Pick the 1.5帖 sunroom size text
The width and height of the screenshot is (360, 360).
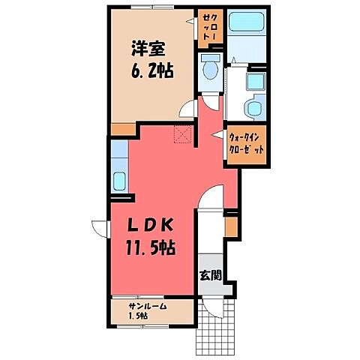[137, 316]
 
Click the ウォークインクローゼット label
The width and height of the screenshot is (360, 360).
[246, 142]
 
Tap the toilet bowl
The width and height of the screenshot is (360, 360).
[210, 71]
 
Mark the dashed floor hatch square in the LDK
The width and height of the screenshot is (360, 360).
[182, 133]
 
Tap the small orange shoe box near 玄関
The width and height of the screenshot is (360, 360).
[230, 223]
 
